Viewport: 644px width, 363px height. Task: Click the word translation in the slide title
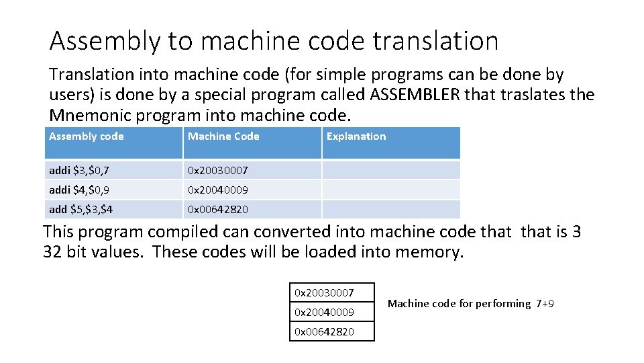[435, 41]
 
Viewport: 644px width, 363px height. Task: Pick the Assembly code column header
[87, 136]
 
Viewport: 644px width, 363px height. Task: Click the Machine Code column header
[223, 136]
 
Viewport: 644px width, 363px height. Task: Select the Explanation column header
[356, 136]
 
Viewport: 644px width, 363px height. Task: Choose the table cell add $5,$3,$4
[80, 210]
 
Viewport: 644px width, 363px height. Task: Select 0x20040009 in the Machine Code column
[217, 190]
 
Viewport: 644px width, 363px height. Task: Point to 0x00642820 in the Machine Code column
[217, 210]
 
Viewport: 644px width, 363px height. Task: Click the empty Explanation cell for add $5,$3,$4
[390, 210]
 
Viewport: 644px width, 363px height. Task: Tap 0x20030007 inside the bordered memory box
[325, 292]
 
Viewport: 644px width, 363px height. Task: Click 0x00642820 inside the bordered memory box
[325, 331]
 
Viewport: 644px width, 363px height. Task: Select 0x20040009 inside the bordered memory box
[325, 312]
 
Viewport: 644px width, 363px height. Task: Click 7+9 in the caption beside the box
[545, 304]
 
